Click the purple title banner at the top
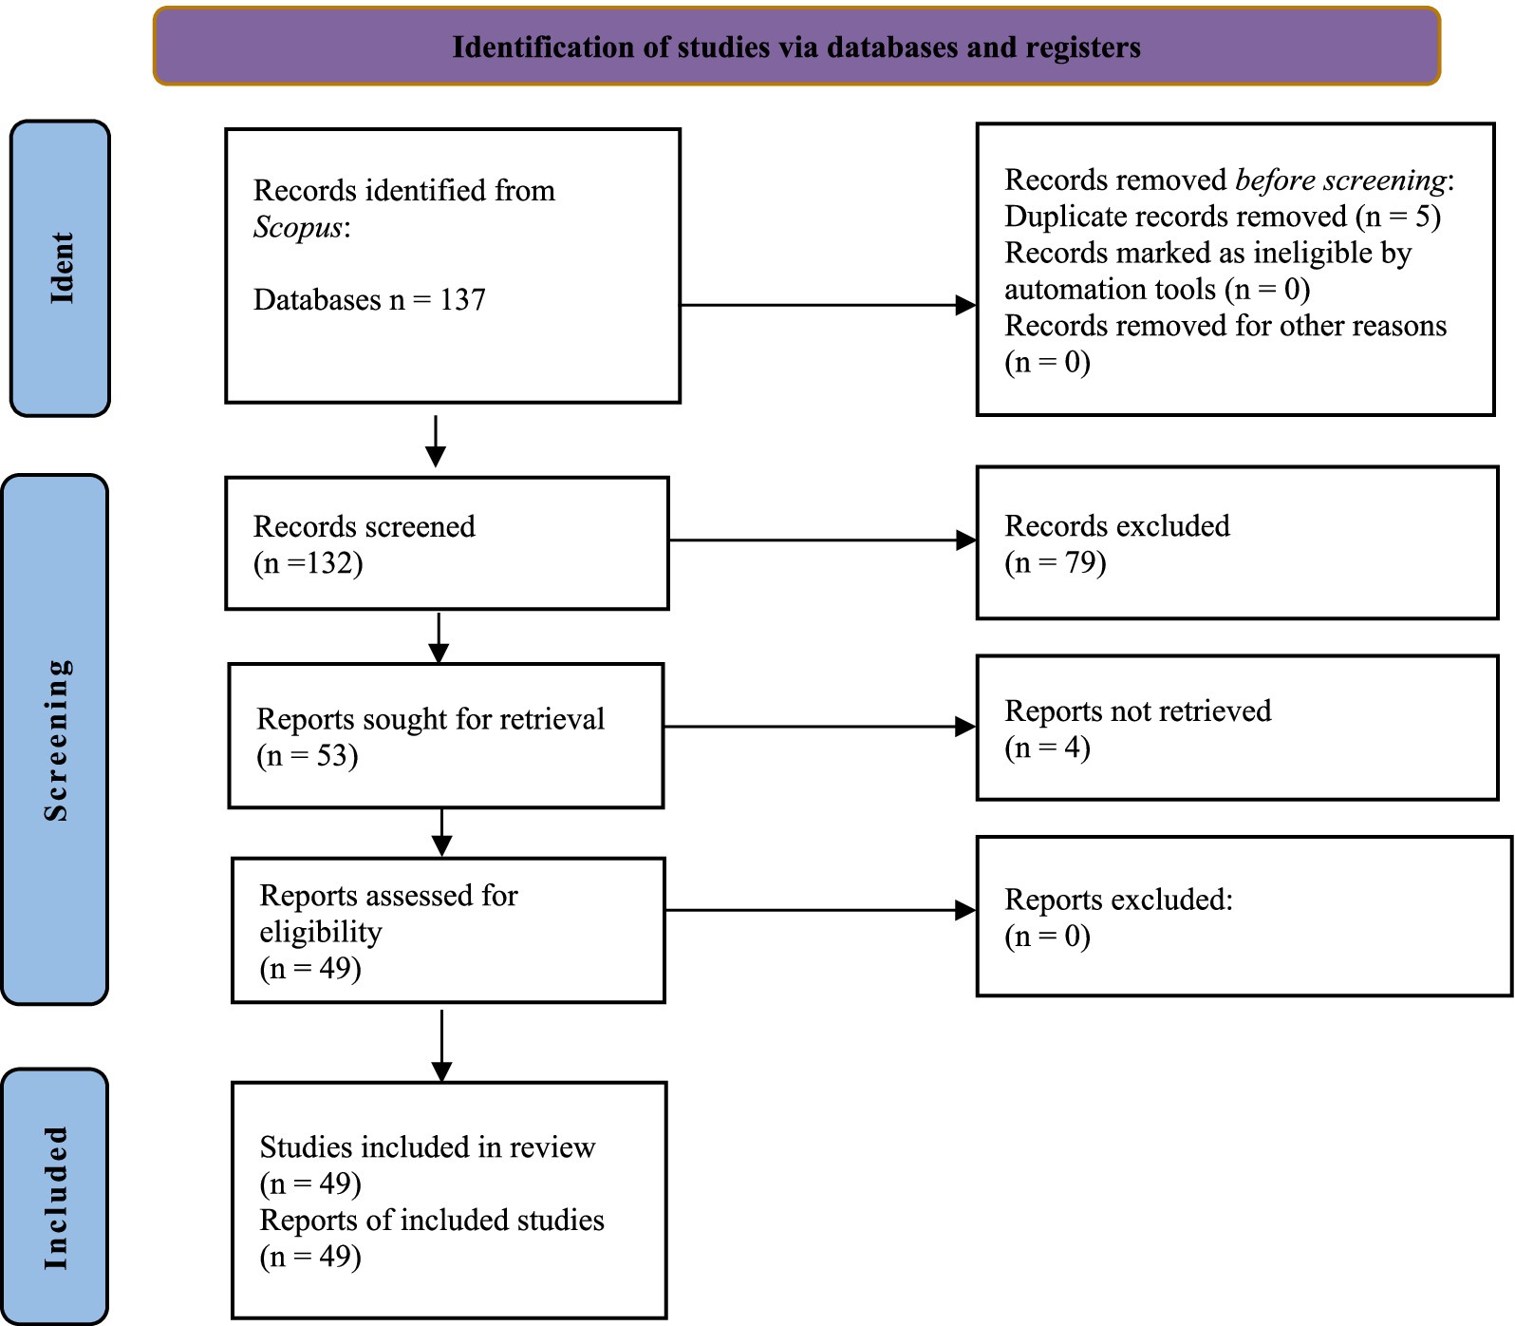click(796, 47)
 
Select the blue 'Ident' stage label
click(60, 268)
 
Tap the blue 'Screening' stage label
click(55, 739)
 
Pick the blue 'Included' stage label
click(55, 1196)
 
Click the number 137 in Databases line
click(462, 300)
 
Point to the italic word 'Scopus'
click(297, 228)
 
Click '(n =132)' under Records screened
click(309, 563)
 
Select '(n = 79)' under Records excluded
click(1056, 562)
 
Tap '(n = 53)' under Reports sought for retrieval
click(308, 756)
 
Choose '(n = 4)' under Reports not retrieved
click(1047, 748)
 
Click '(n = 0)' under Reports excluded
click(1047, 937)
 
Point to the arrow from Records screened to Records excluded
click(823, 540)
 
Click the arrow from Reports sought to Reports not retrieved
click(820, 727)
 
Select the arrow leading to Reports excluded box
click(821, 911)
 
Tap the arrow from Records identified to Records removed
click(829, 305)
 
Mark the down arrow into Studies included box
click(441, 1046)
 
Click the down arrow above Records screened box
click(436, 442)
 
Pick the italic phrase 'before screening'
click(1341, 180)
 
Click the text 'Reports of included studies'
click(432, 1221)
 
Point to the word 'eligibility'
click(321, 933)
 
